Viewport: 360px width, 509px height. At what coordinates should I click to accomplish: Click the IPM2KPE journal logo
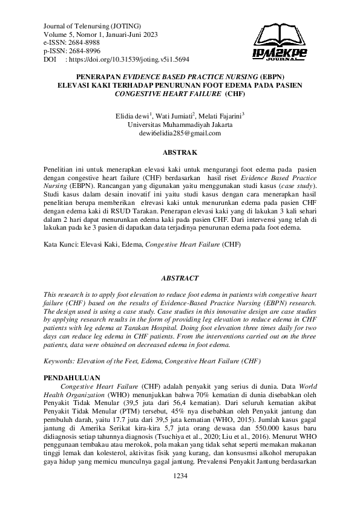point(280,42)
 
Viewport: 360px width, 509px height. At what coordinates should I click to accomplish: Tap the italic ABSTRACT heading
point(180,278)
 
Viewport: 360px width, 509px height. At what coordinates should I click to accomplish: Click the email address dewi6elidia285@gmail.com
point(180,133)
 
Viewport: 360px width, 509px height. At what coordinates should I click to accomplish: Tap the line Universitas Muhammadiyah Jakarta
point(180,124)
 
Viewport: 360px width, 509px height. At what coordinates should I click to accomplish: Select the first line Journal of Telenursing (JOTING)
point(92,27)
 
